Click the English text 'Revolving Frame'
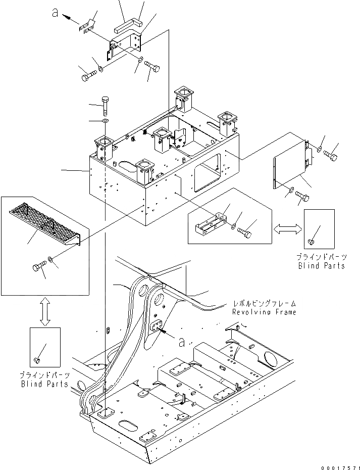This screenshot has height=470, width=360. point(264,312)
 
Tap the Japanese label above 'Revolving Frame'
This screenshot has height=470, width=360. point(264,304)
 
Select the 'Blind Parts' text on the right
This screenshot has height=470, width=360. point(322,265)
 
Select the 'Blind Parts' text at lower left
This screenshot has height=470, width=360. point(45,384)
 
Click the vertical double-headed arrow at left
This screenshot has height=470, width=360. point(45,311)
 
